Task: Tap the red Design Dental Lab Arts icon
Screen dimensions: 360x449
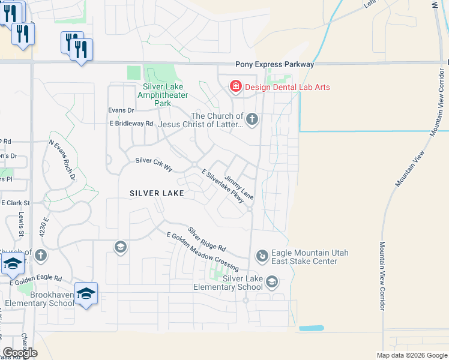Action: click(236, 87)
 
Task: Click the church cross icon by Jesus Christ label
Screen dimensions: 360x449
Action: click(252, 119)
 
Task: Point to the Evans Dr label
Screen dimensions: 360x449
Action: click(121, 110)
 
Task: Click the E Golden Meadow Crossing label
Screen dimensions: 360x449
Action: click(202, 251)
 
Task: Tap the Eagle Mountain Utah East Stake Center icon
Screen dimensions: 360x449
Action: click(262, 256)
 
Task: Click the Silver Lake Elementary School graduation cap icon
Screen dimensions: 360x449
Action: click(272, 282)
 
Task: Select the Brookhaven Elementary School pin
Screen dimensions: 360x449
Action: click(86, 293)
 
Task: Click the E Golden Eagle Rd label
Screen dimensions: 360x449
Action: click(35, 280)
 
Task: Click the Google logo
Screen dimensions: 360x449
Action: click(20, 352)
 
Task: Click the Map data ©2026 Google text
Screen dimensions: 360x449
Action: click(411, 355)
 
